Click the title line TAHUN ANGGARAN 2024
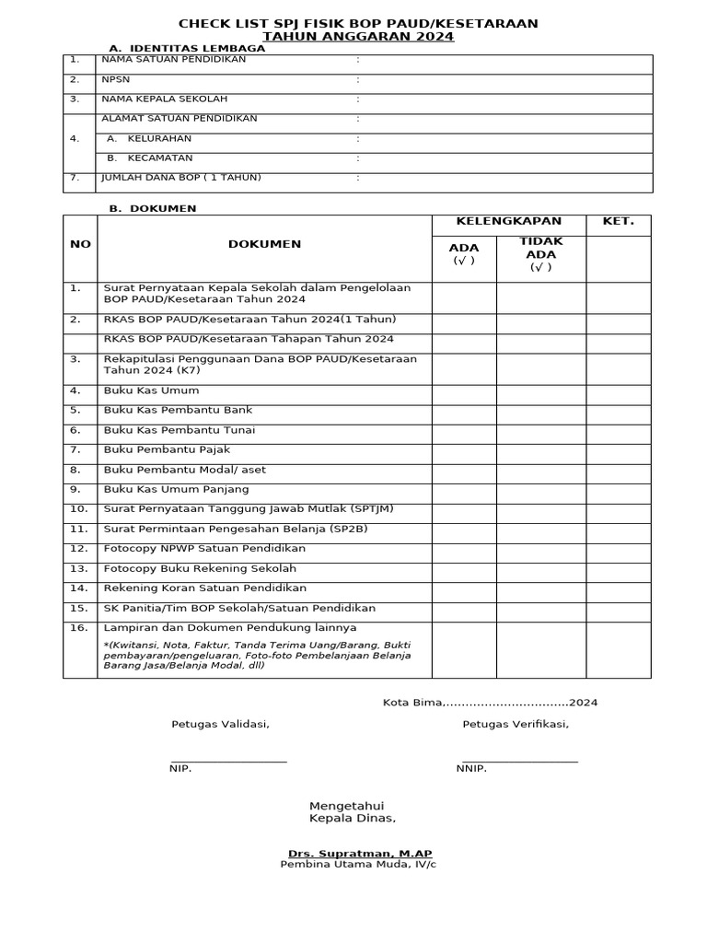[358, 37]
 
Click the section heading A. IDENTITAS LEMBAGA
[187, 49]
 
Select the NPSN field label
[115, 79]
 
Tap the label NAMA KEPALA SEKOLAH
[164, 99]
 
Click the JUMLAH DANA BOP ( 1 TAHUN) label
[180, 177]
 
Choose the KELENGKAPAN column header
[508, 222]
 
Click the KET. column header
[618, 222]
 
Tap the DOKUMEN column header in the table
[264, 244]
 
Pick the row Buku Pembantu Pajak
[167, 449]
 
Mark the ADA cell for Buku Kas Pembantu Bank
[464, 411]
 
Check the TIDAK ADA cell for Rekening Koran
[540, 588]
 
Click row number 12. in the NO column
[79, 549]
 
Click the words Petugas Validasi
[220, 724]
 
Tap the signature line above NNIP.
[520, 760]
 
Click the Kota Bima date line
[490, 703]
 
